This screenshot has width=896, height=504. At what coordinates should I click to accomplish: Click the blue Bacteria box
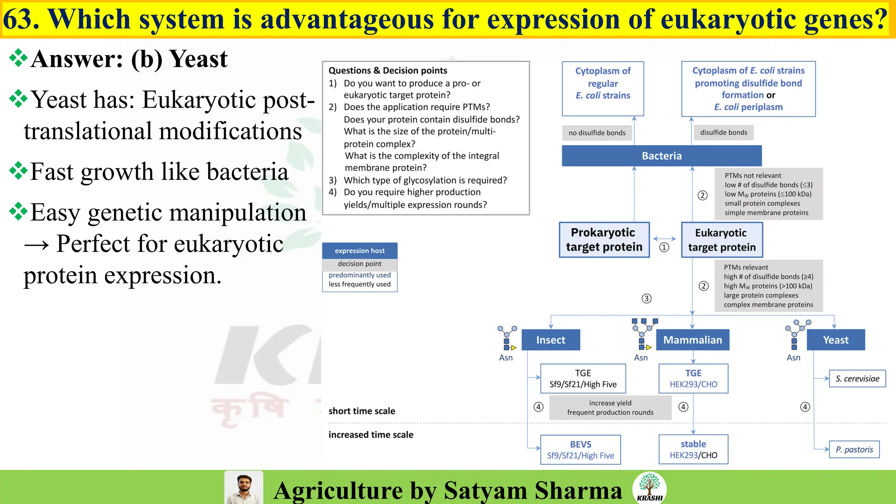click(661, 156)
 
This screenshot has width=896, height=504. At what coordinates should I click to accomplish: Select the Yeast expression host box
click(835, 340)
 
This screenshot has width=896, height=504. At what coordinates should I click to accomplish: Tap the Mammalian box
click(693, 340)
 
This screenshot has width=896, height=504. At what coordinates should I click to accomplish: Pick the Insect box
click(550, 340)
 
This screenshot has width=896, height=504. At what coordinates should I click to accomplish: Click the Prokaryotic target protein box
click(604, 240)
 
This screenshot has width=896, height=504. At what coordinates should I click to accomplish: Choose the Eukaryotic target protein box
click(721, 240)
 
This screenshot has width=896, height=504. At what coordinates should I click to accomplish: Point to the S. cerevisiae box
click(857, 378)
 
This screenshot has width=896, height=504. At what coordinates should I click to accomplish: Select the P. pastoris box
click(854, 449)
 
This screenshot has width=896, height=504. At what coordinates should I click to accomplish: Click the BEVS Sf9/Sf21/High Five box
click(580, 450)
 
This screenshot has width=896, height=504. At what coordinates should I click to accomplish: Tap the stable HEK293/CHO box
click(693, 449)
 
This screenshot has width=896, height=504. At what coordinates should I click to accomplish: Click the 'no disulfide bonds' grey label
click(597, 133)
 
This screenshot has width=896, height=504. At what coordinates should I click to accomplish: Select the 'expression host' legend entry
click(360, 251)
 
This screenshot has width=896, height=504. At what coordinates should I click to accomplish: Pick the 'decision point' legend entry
click(360, 264)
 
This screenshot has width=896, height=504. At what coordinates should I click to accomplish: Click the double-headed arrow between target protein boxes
click(664, 238)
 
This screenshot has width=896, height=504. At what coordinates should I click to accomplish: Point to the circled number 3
click(646, 298)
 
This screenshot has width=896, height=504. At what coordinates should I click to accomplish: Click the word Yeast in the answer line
click(198, 59)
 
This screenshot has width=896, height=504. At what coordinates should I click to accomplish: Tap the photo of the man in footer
click(244, 488)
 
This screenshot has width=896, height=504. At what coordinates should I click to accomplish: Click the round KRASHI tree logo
click(649, 488)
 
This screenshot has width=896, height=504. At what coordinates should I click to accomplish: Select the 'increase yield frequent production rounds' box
click(610, 408)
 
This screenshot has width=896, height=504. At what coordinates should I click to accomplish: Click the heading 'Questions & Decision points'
click(388, 70)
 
